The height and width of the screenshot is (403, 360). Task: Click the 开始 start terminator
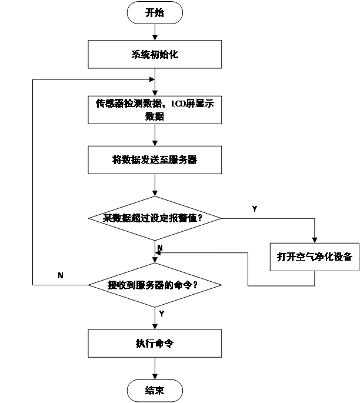coord(155,13)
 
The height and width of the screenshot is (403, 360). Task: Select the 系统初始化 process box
coord(155,55)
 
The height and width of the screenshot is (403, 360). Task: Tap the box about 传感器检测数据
coord(155,109)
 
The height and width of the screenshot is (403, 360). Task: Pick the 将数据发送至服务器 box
coord(155,160)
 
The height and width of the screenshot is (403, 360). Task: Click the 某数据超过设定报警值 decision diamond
coord(155,218)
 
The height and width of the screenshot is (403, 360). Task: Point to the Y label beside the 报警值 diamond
coord(254,209)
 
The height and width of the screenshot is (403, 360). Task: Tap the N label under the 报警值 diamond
coord(160,248)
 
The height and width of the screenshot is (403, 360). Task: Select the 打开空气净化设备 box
coord(315,257)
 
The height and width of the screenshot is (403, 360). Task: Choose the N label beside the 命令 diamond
coord(61,275)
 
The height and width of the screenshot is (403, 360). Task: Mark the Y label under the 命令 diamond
coord(162,314)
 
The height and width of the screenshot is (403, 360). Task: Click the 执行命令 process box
coord(155,344)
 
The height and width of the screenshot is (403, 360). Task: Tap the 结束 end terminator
coord(155,391)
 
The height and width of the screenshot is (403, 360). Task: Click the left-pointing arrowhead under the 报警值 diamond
coord(158,254)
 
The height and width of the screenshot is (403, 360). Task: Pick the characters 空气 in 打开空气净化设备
coord(306,257)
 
